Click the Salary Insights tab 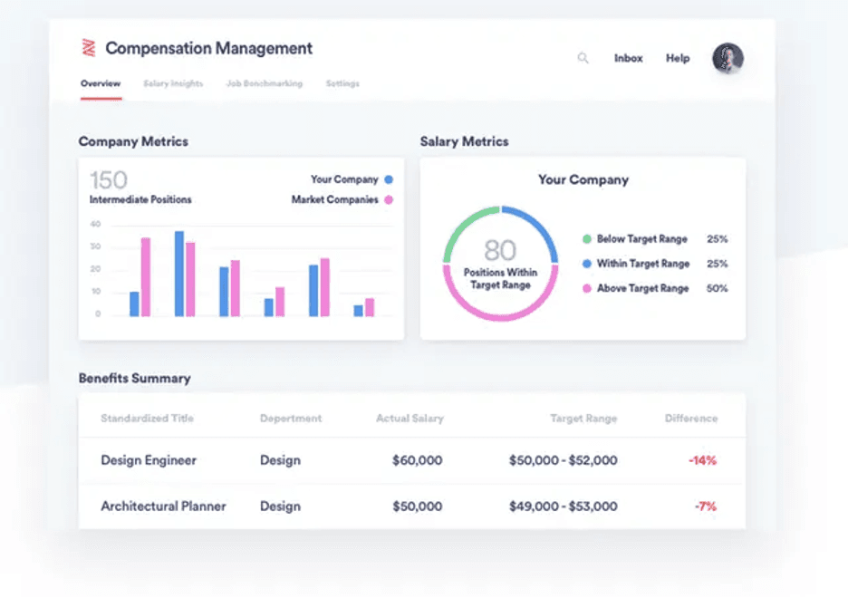(x=173, y=83)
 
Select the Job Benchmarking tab (x=265, y=83)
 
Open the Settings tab (x=342, y=83)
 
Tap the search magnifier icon (x=583, y=58)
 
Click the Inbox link (x=628, y=58)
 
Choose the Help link (x=678, y=58)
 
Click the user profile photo (x=728, y=58)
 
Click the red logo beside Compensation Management (x=89, y=48)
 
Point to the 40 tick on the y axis (x=96, y=224)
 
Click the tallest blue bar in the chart (x=179, y=274)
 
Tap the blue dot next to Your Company (x=389, y=179)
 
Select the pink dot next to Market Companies (x=389, y=199)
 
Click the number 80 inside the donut (x=500, y=249)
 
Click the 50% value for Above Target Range (x=717, y=288)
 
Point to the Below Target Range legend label (x=641, y=239)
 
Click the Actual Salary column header (x=410, y=419)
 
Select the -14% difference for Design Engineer (x=702, y=460)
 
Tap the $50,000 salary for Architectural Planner (x=417, y=506)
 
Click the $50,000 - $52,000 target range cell (x=563, y=460)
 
